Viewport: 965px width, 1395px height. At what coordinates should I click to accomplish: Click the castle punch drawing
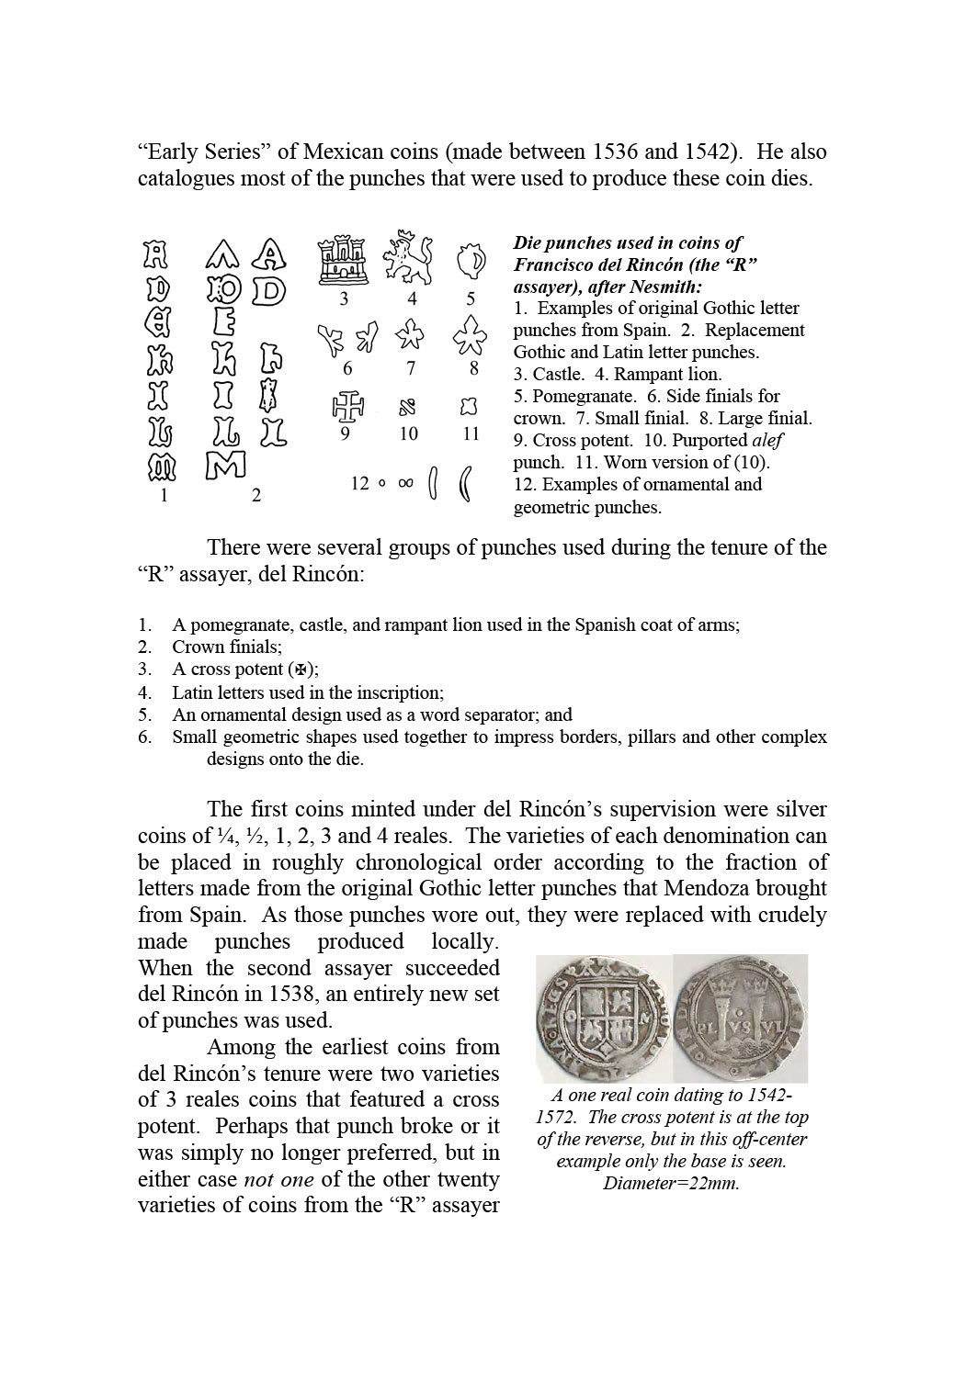(344, 260)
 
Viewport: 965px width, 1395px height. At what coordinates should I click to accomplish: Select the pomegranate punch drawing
(471, 262)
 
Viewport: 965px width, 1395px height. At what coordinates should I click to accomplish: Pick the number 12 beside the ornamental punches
(359, 484)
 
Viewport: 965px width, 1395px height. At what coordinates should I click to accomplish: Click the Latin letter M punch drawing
(224, 466)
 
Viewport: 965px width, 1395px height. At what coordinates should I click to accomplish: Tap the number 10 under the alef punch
(408, 434)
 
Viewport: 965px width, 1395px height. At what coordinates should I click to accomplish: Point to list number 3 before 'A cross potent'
(144, 669)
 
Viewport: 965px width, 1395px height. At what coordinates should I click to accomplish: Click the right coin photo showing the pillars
(740, 1018)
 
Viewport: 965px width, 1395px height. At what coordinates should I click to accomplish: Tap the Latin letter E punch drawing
(224, 323)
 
